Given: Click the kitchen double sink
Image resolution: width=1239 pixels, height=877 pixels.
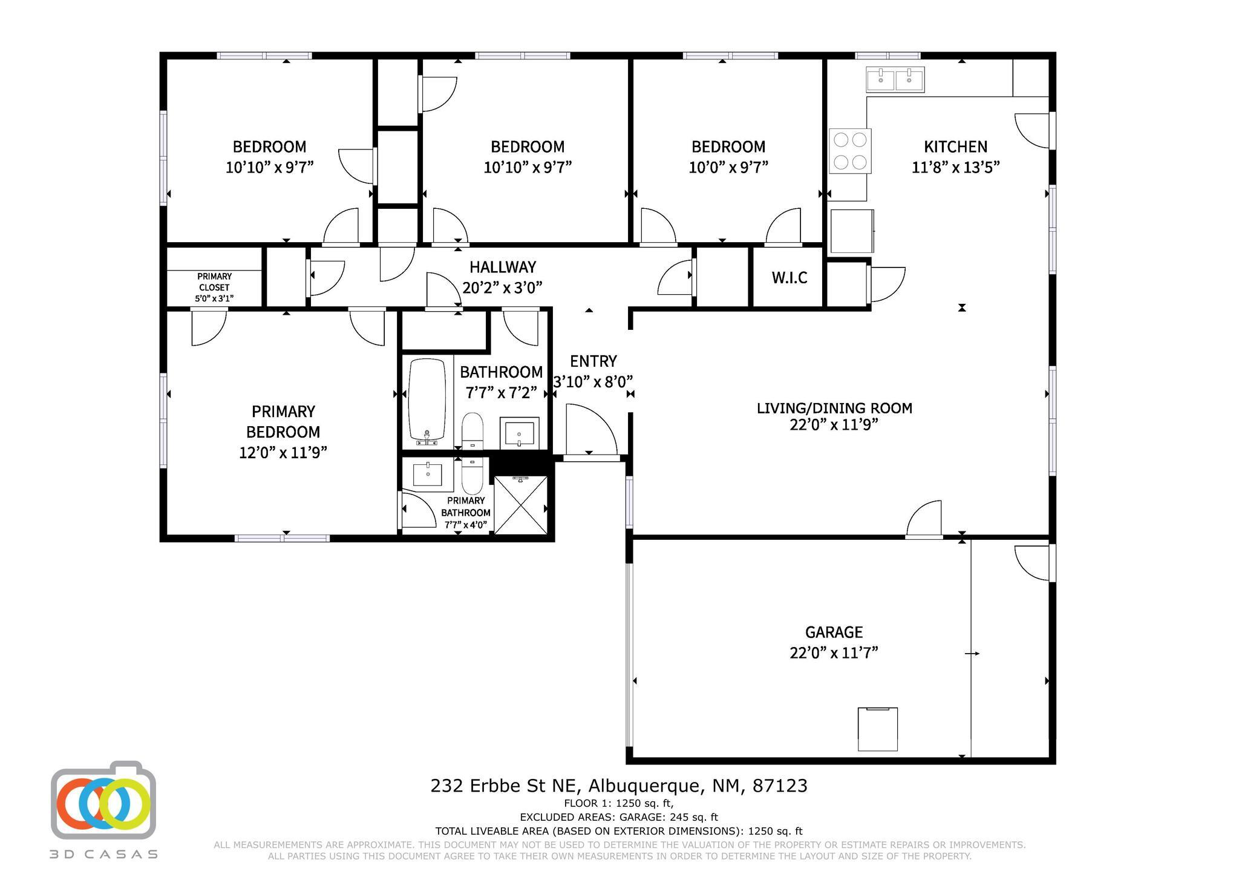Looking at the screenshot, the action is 895,79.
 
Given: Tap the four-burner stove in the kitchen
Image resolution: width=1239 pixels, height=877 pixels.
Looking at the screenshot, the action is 850,151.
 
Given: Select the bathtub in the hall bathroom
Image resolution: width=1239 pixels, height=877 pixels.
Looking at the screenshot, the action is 427,401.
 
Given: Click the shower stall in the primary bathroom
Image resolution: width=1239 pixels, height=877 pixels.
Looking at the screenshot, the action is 521,505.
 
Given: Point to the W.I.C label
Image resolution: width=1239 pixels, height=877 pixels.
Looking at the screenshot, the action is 789,278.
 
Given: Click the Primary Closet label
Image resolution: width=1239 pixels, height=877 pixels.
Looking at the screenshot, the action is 214,281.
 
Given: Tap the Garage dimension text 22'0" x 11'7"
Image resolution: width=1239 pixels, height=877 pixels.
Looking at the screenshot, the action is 834,653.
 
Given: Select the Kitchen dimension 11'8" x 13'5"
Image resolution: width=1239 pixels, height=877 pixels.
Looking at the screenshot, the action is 955,167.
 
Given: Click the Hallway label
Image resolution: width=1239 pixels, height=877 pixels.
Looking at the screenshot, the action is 503,267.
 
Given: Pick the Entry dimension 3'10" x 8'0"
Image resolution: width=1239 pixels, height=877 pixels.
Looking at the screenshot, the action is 593,382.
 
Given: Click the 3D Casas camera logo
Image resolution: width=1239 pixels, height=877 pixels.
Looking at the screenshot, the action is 103,800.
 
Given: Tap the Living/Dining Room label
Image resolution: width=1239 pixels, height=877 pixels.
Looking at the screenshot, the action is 834,409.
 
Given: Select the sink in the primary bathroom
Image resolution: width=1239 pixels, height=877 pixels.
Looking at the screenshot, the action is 428,475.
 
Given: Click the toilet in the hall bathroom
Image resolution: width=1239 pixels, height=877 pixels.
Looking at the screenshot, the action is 472,430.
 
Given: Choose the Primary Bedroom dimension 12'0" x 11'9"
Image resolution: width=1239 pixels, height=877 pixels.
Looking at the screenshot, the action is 283,453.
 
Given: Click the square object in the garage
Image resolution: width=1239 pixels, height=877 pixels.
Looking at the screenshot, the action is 877,729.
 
